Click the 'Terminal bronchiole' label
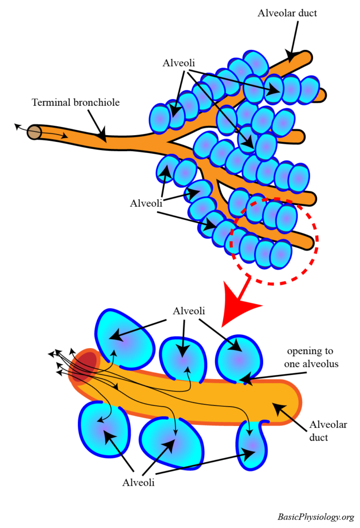76,102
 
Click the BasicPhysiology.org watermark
315,517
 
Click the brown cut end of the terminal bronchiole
35,131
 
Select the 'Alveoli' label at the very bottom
139,483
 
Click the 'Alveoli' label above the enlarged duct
189,311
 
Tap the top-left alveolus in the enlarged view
125,339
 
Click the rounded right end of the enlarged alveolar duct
291,402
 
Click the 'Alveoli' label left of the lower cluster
146,203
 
